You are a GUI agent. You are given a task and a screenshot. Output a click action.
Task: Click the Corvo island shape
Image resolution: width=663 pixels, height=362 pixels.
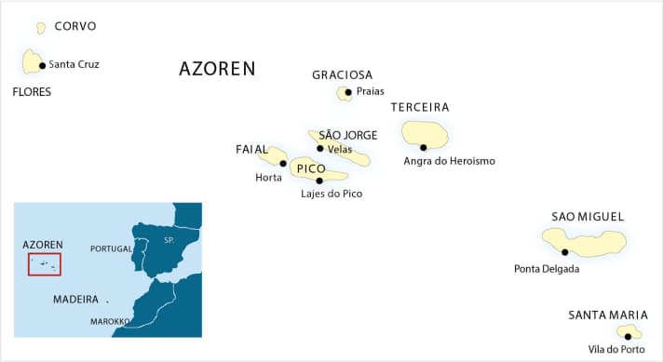(41, 29)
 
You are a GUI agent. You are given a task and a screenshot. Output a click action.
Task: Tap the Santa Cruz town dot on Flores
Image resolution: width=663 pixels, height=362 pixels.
(43, 65)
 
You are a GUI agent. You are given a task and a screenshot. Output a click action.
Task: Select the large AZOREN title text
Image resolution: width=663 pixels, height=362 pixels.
(217, 69)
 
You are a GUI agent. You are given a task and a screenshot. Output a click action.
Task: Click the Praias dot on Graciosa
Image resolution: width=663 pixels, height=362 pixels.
(348, 92)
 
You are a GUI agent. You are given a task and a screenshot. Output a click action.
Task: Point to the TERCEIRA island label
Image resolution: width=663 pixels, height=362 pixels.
(420, 108)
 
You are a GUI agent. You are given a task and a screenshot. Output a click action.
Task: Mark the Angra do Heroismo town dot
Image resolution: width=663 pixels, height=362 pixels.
(424, 147)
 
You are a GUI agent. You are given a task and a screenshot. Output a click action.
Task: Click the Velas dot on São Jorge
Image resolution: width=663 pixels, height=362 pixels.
(320, 148)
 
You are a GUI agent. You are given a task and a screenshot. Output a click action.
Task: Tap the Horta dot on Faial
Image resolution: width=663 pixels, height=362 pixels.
(283, 163)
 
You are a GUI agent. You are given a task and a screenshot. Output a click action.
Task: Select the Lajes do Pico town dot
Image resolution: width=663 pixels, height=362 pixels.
(319, 181)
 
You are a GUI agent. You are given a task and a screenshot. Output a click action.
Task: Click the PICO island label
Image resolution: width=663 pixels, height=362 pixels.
(311, 169)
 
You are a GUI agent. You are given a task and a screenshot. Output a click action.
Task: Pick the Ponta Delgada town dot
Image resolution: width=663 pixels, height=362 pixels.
(565, 251)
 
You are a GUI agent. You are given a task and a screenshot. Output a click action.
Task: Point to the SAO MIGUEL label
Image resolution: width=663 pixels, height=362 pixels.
(588, 217)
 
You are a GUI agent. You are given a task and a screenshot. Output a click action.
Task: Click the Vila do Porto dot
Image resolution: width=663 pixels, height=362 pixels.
(628, 336)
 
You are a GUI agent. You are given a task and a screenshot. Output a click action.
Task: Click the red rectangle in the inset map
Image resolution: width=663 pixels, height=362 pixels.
(45, 264)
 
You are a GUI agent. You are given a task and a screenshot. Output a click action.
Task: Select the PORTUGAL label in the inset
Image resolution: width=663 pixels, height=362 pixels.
(111, 249)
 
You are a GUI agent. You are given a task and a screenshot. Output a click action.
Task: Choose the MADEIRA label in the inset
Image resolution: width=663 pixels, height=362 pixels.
(75, 300)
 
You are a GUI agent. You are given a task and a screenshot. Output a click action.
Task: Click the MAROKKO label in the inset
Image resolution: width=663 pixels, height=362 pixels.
(110, 321)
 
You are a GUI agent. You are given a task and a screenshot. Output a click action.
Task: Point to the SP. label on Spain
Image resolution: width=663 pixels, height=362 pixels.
(169, 240)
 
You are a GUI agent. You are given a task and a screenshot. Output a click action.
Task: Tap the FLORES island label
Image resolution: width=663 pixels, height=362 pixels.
(32, 92)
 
